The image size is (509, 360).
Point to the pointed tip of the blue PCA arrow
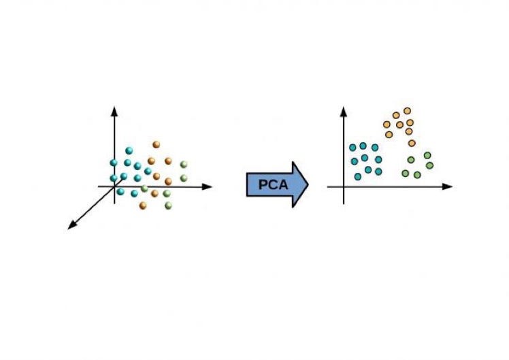pyautogui.click(x=308, y=184)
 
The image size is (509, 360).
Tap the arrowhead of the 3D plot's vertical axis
pyautogui.click(x=115, y=109)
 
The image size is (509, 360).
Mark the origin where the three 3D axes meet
pyautogui.click(x=115, y=186)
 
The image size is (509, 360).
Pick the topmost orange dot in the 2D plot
pyautogui.click(x=407, y=110)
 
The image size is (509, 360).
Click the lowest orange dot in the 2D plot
pyautogui.click(x=412, y=143)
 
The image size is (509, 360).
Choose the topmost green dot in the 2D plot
pyautogui.click(x=427, y=156)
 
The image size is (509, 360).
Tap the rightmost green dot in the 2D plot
pyautogui.click(x=429, y=165)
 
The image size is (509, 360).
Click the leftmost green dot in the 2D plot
pyautogui.click(x=405, y=171)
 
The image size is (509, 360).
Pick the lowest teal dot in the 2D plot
pyautogui.click(x=358, y=177)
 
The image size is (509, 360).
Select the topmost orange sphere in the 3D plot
pyautogui.click(x=157, y=144)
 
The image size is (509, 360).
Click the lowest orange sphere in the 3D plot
pyautogui.click(x=143, y=205)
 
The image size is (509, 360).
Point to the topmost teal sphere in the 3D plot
pyautogui.click(x=128, y=150)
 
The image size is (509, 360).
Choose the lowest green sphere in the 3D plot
pyautogui.click(x=167, y=205)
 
